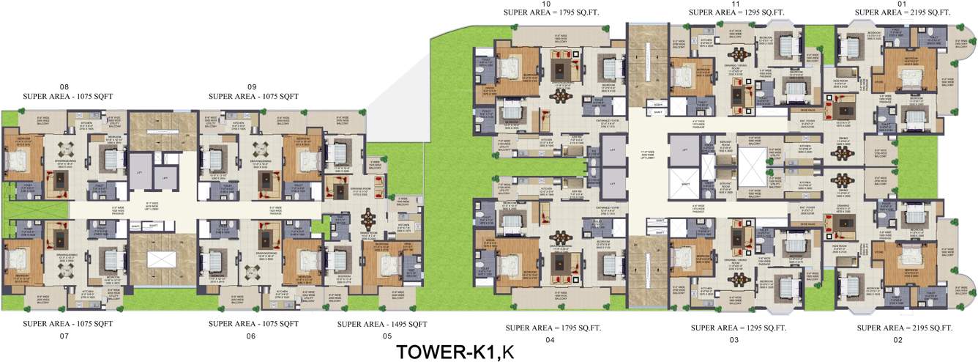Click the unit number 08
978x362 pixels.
pos(64,86)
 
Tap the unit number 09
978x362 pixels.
pos(252,86)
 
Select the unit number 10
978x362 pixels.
pos(546,4)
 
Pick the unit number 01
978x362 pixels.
pos(903,4)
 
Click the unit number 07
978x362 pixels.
pos(64,336)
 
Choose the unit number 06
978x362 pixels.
pos(251,336)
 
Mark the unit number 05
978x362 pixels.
pos(387,336)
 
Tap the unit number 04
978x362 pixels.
pos(550,340)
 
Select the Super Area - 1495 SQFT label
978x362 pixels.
pos(382,324)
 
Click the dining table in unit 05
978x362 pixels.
pos(368,218)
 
